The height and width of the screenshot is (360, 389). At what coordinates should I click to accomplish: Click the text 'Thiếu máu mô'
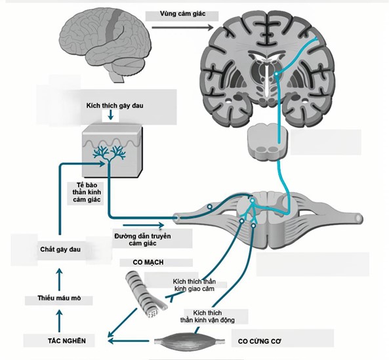pos(58,299)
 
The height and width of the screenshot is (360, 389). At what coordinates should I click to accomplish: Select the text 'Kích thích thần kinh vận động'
pos(207,316)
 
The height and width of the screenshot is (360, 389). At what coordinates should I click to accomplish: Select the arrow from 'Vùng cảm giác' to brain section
pos(183,27)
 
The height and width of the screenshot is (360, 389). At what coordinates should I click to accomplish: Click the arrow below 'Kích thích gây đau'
pos(111,117)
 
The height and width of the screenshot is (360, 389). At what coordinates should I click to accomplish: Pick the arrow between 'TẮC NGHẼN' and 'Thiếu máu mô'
pos(58,320)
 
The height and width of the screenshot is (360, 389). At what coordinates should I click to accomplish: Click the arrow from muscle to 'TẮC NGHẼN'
pos(131,341)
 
